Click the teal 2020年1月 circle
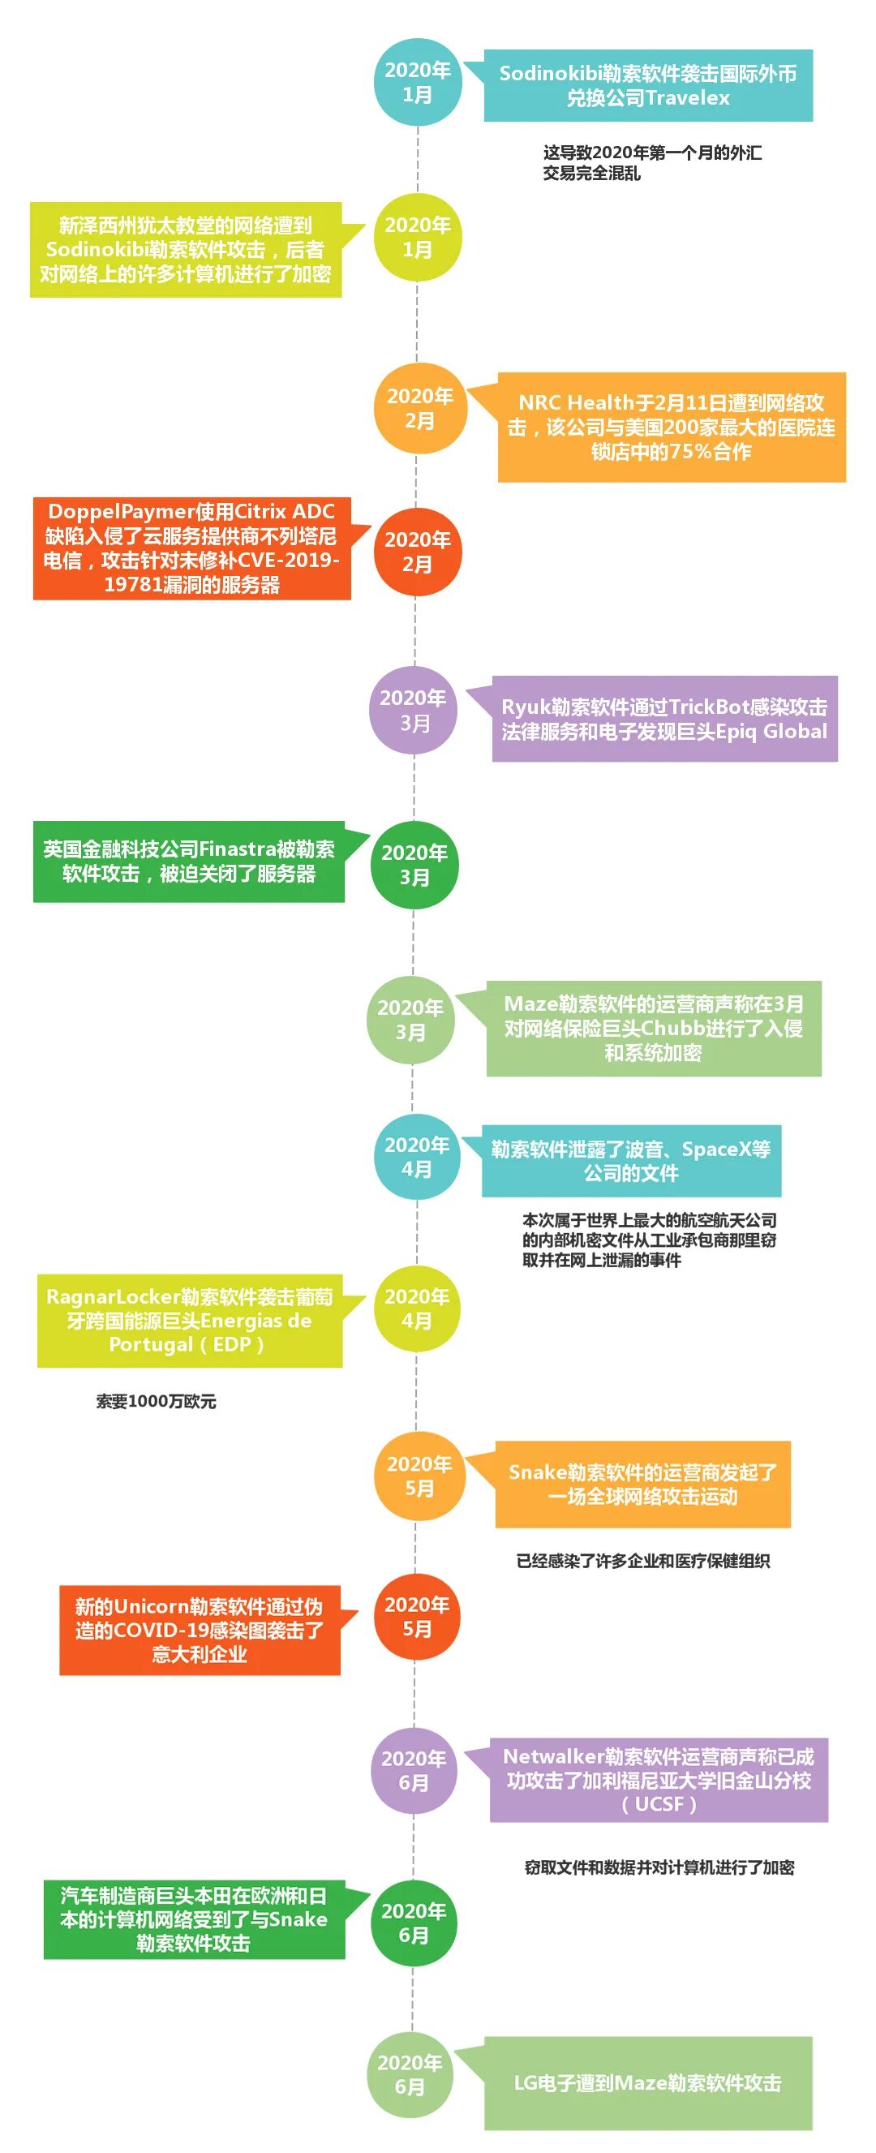click(x=417, y=82)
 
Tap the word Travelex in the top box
click(x=687, y=98)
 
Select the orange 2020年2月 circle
click(x=419, y=408)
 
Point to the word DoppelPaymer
click(x=121, y=512)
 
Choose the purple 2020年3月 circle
click(x=414, y=710)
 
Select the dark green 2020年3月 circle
click(x=414, y=864)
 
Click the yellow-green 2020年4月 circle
click(x=417, y=1308)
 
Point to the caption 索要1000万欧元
click(x=157, y=1402)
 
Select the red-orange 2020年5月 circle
click(x=417, y=1617)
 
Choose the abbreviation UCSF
click(x=659, y=1803)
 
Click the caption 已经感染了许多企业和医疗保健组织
click(x=642, y=1561)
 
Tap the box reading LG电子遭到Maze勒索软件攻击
click(x=648, y=2082)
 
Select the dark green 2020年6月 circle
click(x=414, y=1923)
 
